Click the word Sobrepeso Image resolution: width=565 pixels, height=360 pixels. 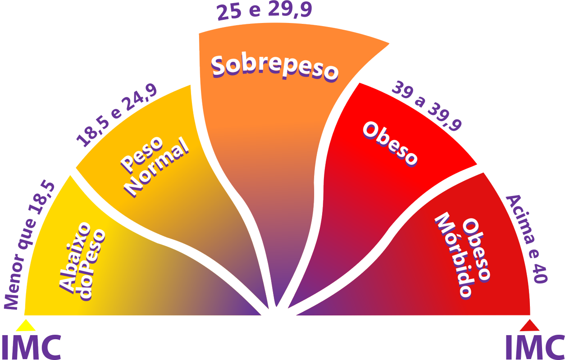pyautogui.click(x=274, y=68)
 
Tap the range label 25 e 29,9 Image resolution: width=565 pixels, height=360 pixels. pyautogui.click(x=264, y=11)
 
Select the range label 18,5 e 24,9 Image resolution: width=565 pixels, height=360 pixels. pyautogui.click(x=117, y=115)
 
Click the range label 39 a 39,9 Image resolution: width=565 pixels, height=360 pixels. pyautogui.click(x=427, y=106)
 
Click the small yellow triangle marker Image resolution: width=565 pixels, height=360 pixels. pyautogui.click(x=26, y=325)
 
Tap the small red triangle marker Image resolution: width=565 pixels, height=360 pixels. pyautogui.click(x=529, y=325)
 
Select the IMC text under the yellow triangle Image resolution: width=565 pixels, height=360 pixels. pyautogui.click(x=32, y=347)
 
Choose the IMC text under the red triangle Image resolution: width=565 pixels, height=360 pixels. pyautogui.click(x=535, y=347)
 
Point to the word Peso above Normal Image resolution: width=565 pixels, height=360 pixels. pyautogui.click(x=142, y=155)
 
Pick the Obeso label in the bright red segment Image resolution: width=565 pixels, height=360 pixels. pyautogui.click(x=390, y=144)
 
